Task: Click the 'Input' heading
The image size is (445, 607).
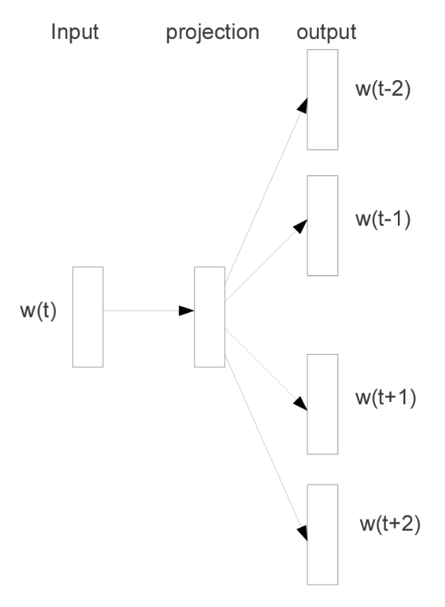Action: point(75,31)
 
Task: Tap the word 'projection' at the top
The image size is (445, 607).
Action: point(212,32)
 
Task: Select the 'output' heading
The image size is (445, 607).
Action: point(326,32)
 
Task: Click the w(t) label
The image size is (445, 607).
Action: point(38,311)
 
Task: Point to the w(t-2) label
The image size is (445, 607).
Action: point(383,89)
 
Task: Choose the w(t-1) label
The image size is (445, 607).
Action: point(383,219)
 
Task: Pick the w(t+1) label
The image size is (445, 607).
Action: point(385,397)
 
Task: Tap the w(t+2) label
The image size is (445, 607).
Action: point(390,524)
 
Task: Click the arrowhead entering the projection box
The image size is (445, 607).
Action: point(186,311)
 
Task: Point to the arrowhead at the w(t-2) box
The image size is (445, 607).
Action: point(302,106)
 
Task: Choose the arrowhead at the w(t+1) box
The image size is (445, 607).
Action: point(301,403)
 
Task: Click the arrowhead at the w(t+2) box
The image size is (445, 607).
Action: point(302,533)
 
